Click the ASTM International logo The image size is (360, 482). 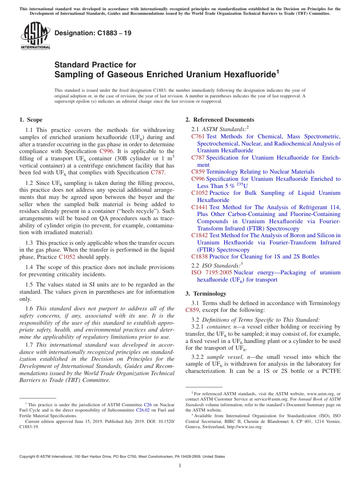(x=35, y=36)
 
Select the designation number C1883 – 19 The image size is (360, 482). (x=93, y=33)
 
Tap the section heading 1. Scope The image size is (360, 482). (x=31, y=120)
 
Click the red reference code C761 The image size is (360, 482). (x=198, y=136)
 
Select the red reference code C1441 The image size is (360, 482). (x=199, y=207)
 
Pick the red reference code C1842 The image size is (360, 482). (x=199, y=235)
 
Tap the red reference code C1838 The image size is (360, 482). (x=199, y=257)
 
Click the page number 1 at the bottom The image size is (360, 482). (x=180, y=466)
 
